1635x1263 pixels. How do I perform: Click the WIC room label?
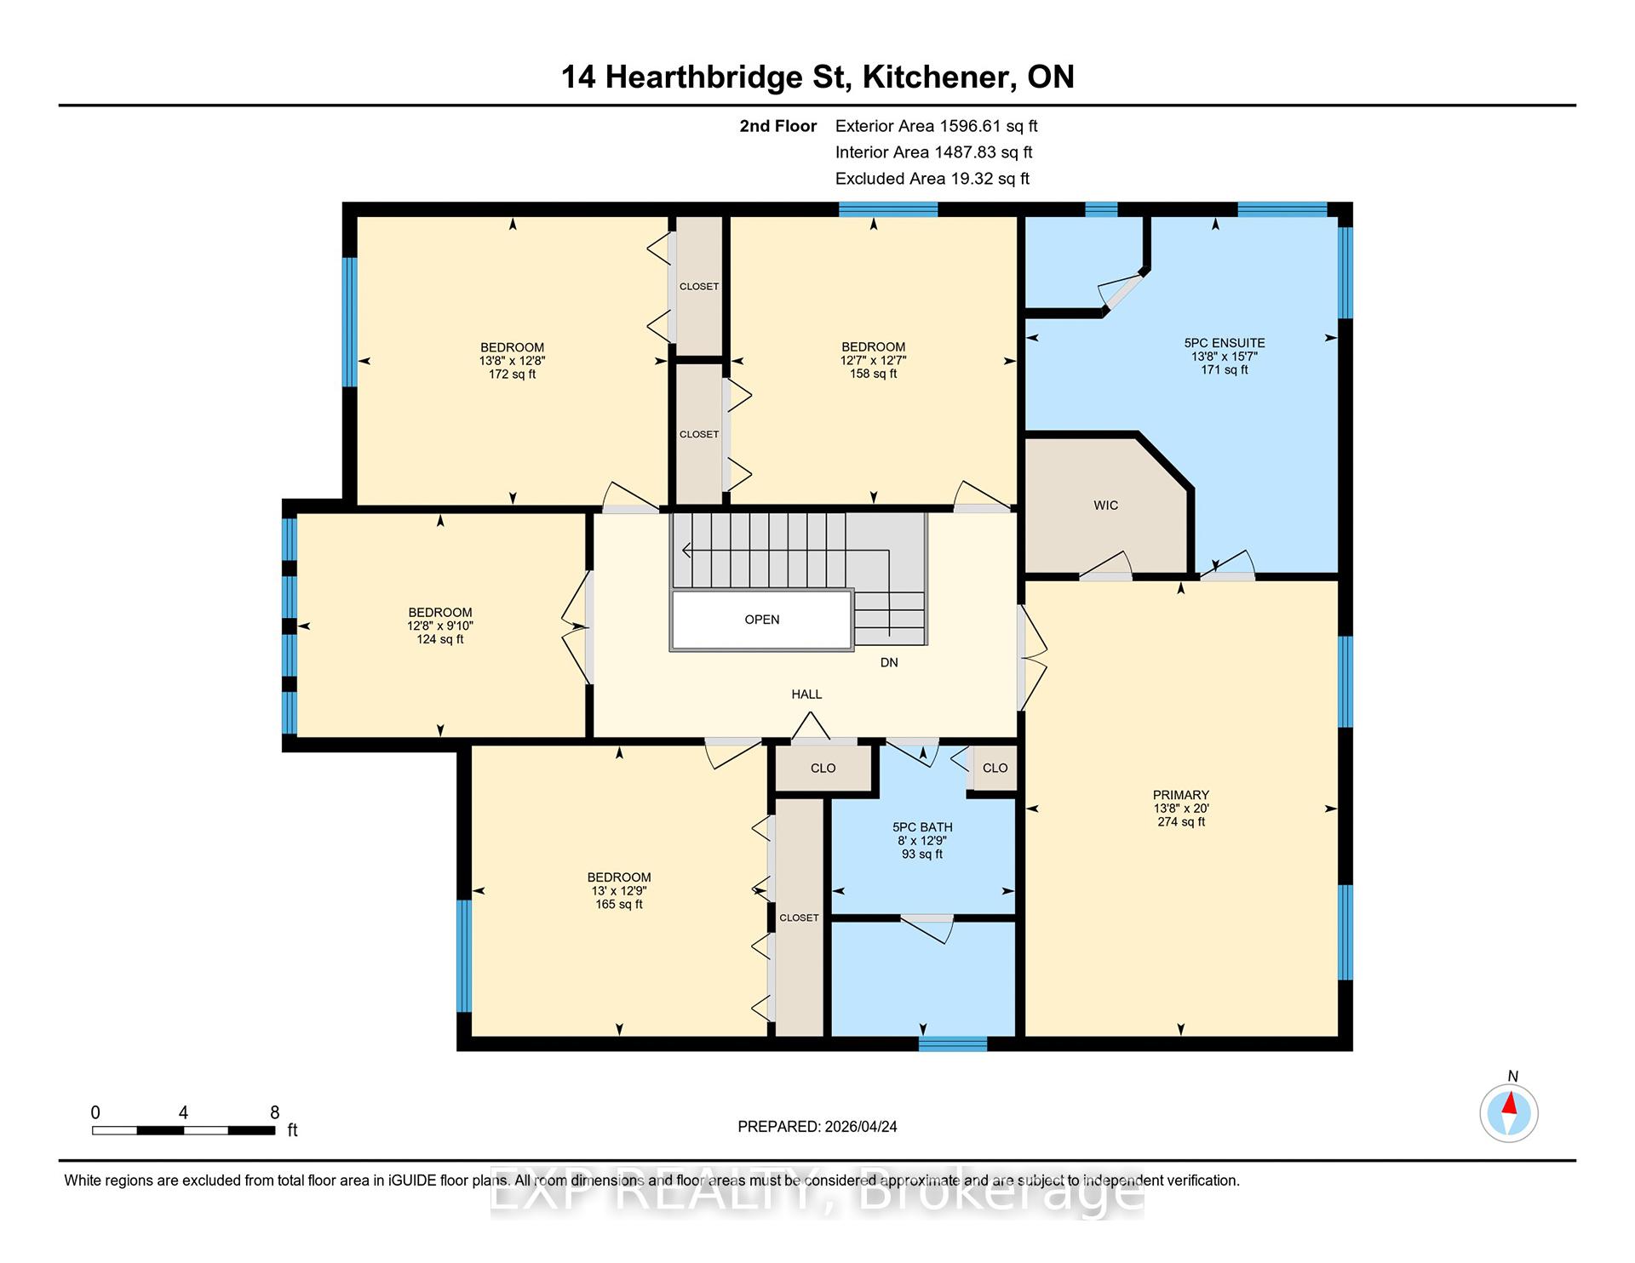[1105, 506]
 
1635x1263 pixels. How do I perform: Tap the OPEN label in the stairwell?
[762, 620]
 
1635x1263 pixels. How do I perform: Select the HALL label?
[806, 694]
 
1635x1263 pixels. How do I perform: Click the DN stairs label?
[889, 662]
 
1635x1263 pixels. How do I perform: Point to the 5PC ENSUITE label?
[1225, 343]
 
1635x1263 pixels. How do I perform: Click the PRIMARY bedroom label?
[1181, 795]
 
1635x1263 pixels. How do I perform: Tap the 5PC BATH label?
[922, 827]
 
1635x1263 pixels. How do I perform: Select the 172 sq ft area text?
[512, 374]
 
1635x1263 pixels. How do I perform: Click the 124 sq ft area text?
[440, 639]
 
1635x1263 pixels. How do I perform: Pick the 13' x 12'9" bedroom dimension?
[619, 891]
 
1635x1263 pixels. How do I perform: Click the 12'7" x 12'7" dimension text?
[874, 360]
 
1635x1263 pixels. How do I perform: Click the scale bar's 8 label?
[274, 1112]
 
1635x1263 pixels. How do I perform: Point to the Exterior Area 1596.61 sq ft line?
[937, 126]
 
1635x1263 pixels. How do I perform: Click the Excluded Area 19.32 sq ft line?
[932, 179]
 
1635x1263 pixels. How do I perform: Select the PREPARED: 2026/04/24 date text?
[817, 1127]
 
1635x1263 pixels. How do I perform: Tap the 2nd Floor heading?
[777, 126]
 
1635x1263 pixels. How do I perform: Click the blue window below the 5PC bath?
[953, 1044]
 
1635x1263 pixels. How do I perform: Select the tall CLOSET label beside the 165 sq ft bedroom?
[799, 917]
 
